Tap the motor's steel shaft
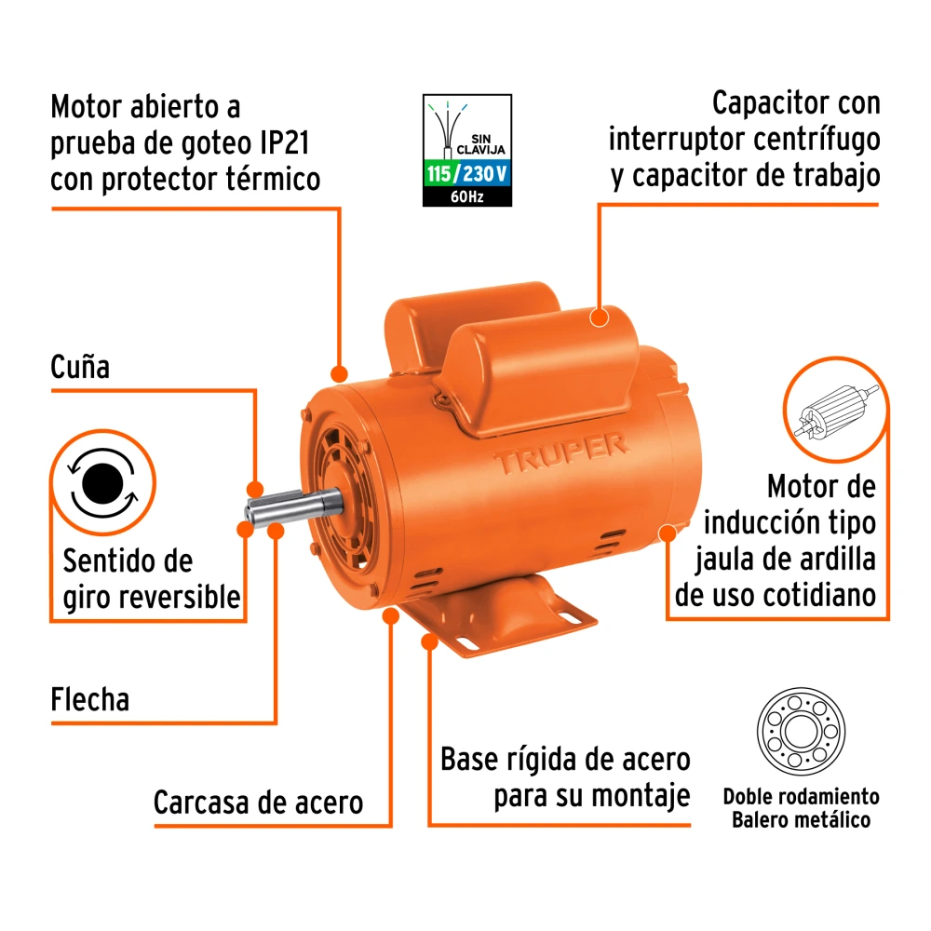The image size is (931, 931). click(294, 507)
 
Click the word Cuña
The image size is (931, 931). click(80, 367)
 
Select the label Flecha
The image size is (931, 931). click(89, 699)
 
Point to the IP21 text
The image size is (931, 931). click(285, 142)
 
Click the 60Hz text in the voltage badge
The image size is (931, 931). click(467, 197)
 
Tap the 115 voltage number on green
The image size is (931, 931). click(439, 174)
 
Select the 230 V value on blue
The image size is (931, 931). click(485, 174)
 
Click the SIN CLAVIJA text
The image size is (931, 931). click(481, 144)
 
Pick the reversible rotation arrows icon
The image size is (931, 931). click(102, 482)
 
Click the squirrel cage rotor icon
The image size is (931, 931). click(836, 411)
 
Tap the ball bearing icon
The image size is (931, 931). click(801, 732)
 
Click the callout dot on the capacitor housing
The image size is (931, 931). click(600, 317)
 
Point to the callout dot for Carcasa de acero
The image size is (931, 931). click(391, 616)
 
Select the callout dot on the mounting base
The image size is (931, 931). click(429, 641)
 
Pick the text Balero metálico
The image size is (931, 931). click(801, 820)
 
